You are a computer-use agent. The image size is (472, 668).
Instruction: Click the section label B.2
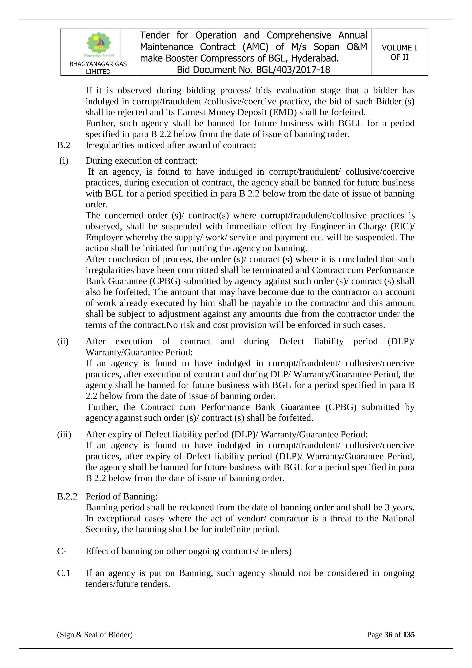coord(64,145)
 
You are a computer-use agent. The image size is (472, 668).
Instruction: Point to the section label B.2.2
coord(67,496)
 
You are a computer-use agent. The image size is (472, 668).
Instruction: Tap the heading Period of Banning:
coord(122,496)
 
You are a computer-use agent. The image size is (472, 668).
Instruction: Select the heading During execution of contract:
coord(142,161)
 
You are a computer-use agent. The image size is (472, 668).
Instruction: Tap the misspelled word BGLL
coord(350,123)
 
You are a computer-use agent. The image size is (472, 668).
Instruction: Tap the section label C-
coord(62,551)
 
